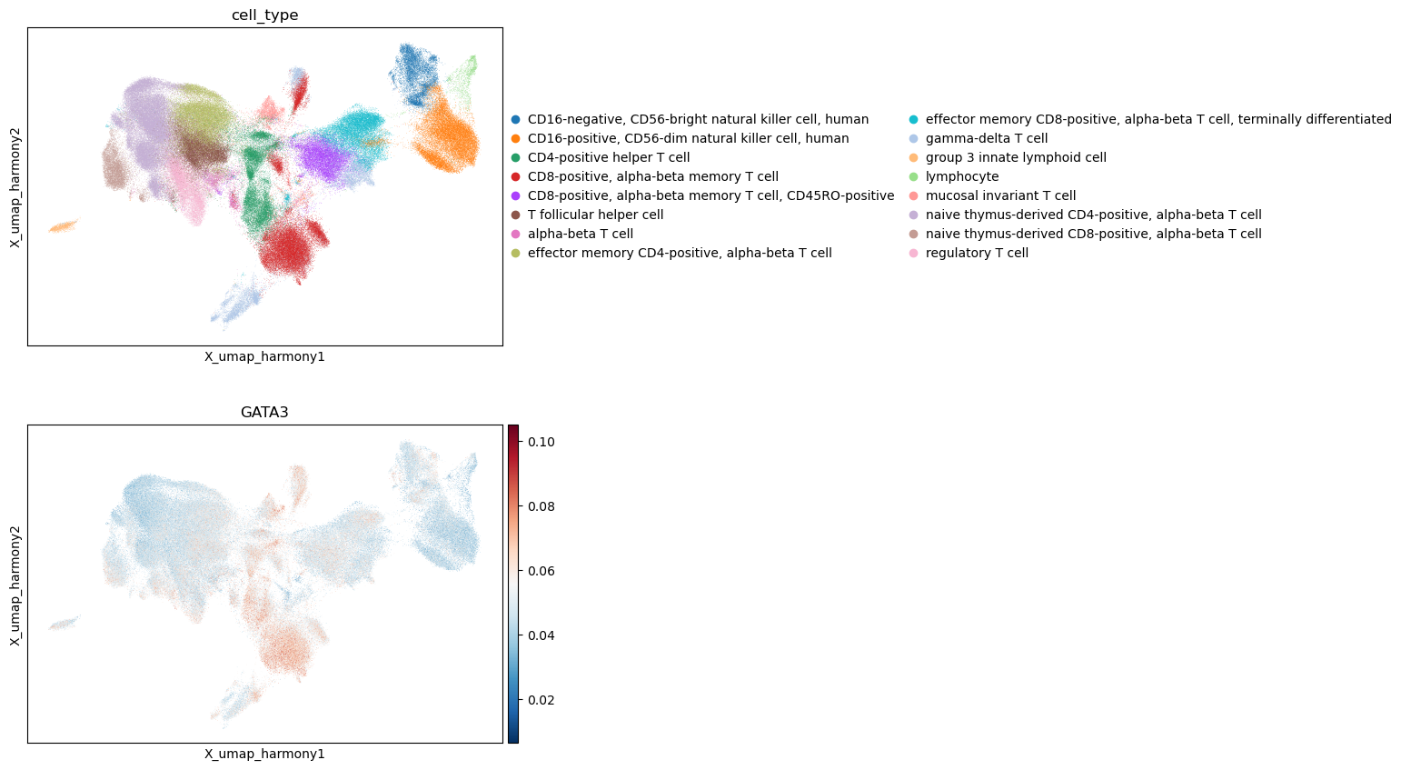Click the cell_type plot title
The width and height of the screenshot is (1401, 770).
click(264, 15)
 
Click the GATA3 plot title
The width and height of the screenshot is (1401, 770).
click(264, 412)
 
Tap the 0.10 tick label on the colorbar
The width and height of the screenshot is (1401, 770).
click(541, 442)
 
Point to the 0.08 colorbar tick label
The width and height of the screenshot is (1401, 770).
click(541, 506)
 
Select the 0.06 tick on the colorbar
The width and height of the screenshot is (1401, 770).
click(541, 571)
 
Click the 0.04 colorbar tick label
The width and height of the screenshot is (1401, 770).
click(541, 635)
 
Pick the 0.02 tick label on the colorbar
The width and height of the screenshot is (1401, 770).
click(541, 700)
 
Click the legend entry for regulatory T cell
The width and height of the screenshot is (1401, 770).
click(977, 253)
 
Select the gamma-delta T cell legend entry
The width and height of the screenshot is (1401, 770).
click(987, 138)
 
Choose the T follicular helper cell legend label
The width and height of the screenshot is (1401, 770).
click(595, 215)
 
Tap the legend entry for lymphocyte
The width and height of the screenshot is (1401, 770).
click(962, 176)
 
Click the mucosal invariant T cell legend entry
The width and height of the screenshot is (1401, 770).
click(1000, 196)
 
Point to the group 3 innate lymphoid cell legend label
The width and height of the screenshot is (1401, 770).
click(1016, 158)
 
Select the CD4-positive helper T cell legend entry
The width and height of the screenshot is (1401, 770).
click(609, 158)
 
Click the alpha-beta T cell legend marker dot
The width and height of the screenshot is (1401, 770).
click(515, 235)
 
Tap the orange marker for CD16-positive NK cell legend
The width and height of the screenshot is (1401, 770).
click(515, 138)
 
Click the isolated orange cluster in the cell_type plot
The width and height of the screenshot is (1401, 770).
click(64, 225)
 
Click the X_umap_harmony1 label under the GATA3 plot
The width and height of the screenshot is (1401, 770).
click(264, 754)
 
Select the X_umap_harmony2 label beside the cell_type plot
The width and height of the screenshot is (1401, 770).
click(15, 187)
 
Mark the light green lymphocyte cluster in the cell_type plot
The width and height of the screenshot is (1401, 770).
click(463, 78)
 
